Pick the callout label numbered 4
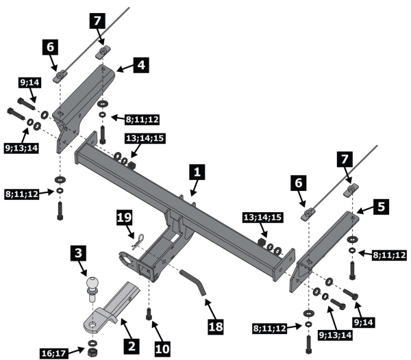[140, 66]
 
